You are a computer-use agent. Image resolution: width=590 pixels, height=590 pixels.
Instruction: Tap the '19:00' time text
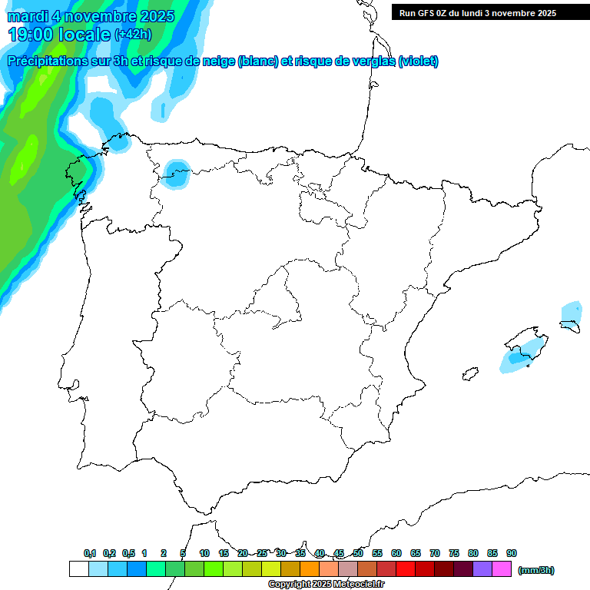point(30,35)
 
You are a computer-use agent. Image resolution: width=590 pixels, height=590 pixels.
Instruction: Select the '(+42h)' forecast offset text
point(133,35)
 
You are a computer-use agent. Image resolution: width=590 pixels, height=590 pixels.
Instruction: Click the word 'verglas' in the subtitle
point(366,61)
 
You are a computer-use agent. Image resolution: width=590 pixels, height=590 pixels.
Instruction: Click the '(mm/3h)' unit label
point(535,570)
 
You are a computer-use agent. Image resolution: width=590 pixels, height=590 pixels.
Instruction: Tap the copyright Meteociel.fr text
point(326,585)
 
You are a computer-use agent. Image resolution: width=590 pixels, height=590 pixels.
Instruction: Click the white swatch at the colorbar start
point(78,569)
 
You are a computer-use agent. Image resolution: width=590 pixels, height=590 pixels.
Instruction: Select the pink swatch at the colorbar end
point(502,569)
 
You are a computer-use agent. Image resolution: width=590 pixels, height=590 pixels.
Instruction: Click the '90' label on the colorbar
point(512,553)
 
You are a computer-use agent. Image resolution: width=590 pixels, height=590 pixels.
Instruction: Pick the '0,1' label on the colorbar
point(90,553)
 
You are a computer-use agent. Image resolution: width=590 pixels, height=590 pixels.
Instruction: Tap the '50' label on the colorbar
point(358,553)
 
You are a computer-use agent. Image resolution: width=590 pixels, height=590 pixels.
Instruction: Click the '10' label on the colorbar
point(204,553)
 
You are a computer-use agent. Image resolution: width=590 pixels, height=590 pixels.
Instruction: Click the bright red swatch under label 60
point(405,569)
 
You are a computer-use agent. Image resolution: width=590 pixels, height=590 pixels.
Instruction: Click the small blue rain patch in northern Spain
point(176,174)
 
